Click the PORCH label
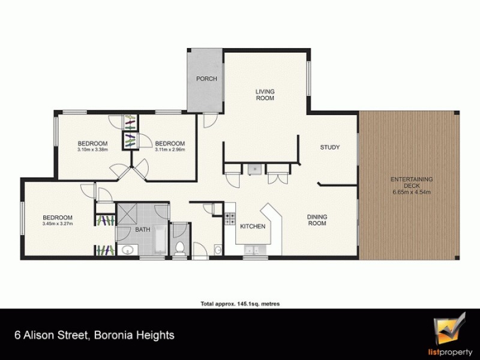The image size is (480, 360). click(x=206, y=79)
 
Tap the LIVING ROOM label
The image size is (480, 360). click(x=265, y=94)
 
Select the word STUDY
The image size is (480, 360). click(x=330, y=148)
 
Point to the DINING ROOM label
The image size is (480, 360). click(x=316, y=220)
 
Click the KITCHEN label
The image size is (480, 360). click(x=253, y=227)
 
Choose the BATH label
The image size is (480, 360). click(x=142, y=229)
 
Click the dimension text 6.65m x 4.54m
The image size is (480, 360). click(x=412, y=192)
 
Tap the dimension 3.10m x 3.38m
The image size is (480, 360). click(x=92, y=151)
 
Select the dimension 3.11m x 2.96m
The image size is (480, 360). click(x=170, y=151)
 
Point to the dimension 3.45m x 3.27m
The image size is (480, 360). click(x=57, y=224)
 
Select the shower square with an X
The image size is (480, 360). click(x=127, y=213)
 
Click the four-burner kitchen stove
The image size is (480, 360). click(x=229, y=219)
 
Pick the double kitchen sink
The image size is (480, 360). click(x=251, y=250)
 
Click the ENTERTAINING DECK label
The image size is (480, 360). click(x=412, y=182)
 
